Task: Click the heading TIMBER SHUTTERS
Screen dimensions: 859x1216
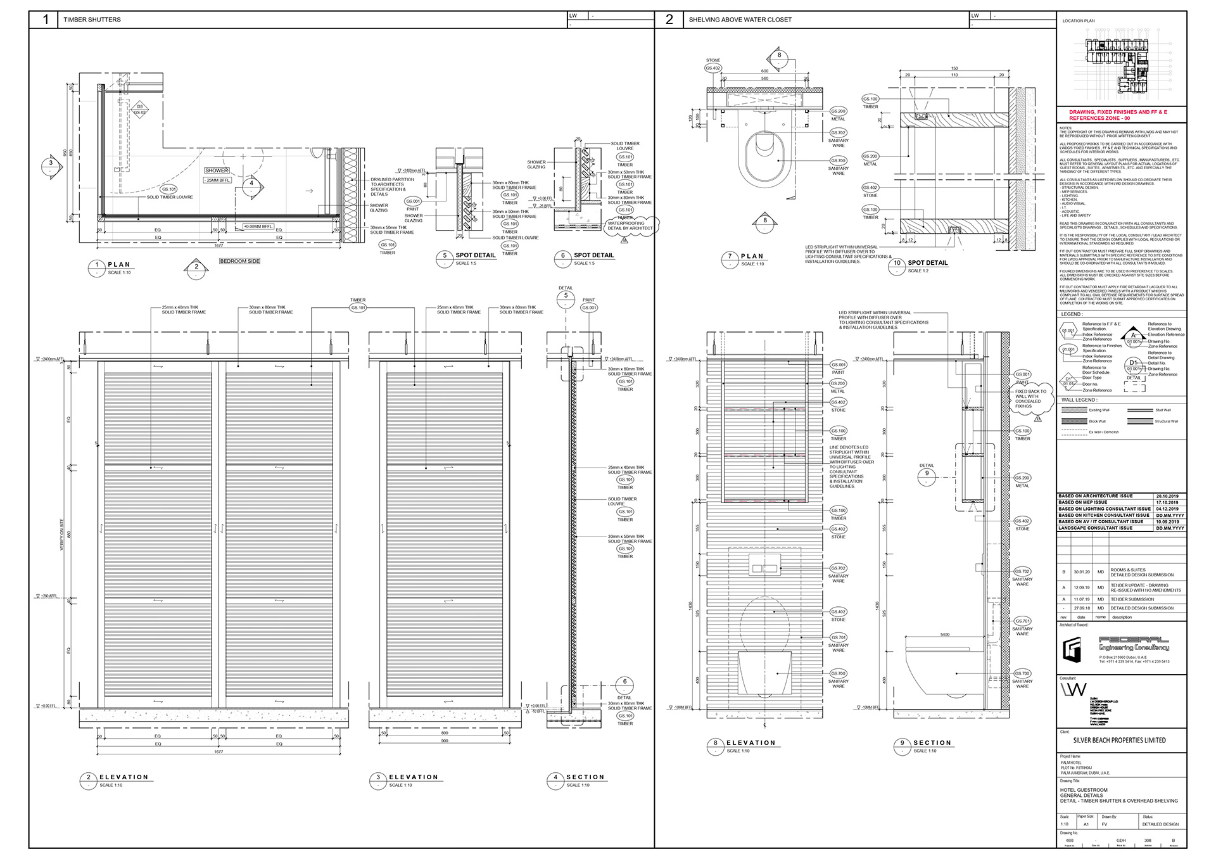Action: coord(92,20)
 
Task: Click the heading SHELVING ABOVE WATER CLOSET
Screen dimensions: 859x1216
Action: coord(740,20)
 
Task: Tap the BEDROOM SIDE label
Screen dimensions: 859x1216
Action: coord(240,261)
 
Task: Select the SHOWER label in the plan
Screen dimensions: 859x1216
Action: coord(217,170)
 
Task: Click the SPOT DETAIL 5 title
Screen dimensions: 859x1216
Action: coord(475,255)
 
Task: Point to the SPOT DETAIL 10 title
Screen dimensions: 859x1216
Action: coord(927,263)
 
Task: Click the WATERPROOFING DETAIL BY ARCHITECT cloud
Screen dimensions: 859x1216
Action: coord(630,226)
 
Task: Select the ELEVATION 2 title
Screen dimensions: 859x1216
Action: coord(123,777)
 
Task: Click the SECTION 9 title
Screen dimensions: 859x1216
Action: coord(932,743)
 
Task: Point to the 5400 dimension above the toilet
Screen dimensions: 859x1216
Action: coord(944,634)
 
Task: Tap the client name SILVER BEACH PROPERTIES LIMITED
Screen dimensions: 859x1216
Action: coord(1119,740)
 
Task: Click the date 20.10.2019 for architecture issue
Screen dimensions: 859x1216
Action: coord(1167,496)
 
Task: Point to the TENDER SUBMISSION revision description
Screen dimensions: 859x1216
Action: coord(1132,599)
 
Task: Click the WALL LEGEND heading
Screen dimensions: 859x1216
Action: coord(1079,400)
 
